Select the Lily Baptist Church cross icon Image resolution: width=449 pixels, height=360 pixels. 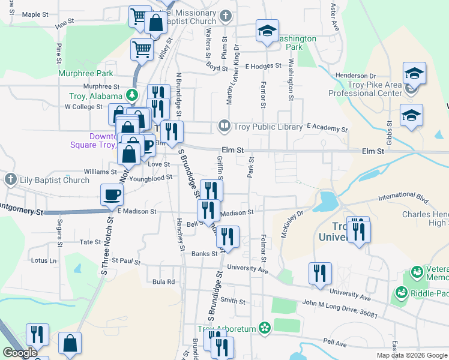(x=10, y=179)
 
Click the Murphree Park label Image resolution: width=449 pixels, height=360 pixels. (x=86, y=73)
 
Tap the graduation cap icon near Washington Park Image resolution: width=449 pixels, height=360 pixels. (x=267, y=32)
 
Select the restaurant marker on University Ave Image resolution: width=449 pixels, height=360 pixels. (x=320, y=274)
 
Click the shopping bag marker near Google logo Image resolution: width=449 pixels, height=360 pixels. (x=70, y=344)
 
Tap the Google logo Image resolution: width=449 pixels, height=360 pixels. (x=19, y=353)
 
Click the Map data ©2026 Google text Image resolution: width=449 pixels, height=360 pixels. (x=412, y=355)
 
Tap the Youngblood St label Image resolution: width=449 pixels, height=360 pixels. (x=150, y=178)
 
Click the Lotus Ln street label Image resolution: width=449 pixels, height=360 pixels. (x=44, y=261)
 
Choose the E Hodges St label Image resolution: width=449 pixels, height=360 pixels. (x=263, y=65)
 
